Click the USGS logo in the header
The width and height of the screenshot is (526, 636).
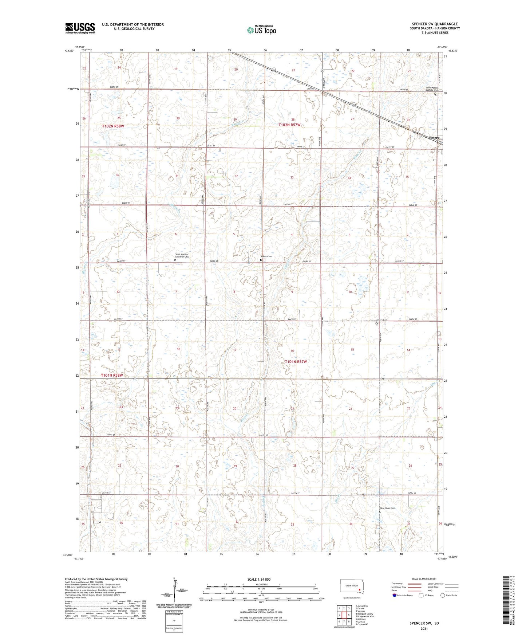80,28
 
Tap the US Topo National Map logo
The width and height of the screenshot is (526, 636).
261,30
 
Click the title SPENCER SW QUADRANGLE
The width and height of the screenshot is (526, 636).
434,24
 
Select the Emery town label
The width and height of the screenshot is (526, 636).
434,138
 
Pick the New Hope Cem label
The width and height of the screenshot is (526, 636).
387,508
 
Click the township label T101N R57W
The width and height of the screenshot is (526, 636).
296,362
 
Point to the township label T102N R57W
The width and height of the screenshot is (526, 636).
289,125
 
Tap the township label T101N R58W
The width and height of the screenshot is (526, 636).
112,375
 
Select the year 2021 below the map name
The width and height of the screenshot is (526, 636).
424,628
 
